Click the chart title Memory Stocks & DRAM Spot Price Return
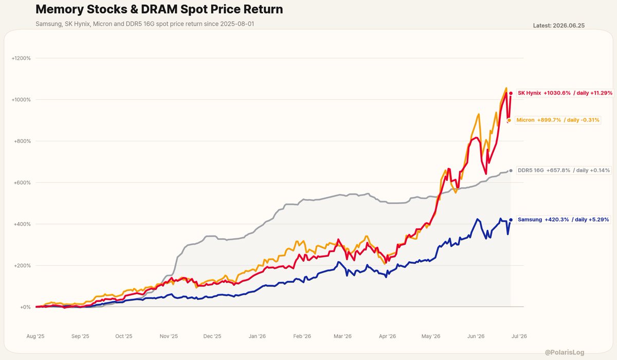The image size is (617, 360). pos(159,9)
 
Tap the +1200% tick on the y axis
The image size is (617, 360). pos(21,58)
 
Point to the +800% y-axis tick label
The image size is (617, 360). pos(22,141)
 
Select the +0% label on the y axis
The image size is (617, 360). pos(25,307)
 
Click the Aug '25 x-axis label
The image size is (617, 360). pos(35,336)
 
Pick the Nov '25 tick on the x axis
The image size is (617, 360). pos(169,336)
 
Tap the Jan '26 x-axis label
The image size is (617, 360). pos(257,336)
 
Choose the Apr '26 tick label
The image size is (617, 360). pos(387,336)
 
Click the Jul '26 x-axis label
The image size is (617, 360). pos(519,336)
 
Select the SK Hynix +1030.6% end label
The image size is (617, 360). pos(565,93)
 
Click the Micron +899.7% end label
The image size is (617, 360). pos(558,120)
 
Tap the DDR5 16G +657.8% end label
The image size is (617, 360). pos(564,170)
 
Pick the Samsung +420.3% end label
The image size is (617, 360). pos(564,220)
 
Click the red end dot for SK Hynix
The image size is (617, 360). pos(511,94)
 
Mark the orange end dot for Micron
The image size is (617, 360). pos(509,120)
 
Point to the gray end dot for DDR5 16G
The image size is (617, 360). pos(511,171)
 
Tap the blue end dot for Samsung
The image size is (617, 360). pos(511,220)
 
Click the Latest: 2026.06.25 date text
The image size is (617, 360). pos(558,26)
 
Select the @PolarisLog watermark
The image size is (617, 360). pos(565,352)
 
